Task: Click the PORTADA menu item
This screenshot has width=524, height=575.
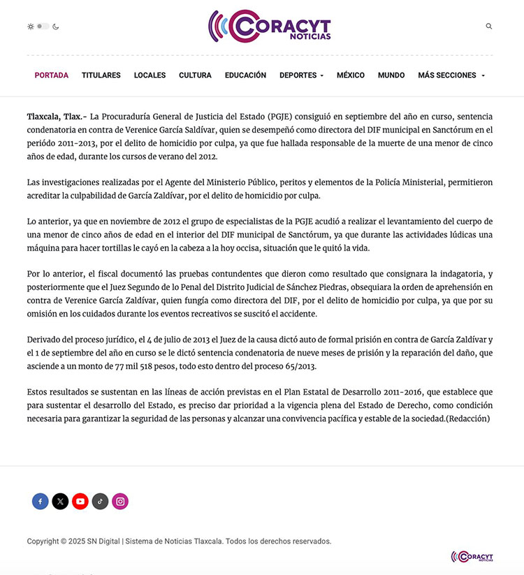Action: coord(52,75)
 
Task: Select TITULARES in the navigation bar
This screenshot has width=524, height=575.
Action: coord(101,75)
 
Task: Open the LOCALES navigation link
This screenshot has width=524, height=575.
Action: coord(150,75)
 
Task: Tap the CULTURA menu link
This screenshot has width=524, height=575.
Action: coord(195,75)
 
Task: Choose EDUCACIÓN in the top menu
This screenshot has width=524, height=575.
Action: coord(245,75)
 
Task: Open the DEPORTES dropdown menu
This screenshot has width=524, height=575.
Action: coord(301,75)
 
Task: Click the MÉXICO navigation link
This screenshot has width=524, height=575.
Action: coord(351,75)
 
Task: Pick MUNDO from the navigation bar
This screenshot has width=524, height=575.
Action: coord(391,75)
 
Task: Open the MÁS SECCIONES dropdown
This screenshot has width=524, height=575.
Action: coord(451,75)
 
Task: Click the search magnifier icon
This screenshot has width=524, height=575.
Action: coord(489,27)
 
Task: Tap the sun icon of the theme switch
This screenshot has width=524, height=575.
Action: coord(31,27)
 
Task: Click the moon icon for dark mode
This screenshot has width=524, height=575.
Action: coord(56,27)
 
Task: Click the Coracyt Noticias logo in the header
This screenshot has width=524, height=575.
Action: coord(270,27)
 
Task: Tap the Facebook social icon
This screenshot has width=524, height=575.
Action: coord(41,501)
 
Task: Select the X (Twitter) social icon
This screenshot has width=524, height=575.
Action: coord(61,501)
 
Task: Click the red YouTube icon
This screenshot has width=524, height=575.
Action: coord(80,501)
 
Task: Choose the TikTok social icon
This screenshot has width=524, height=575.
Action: coord(101,501)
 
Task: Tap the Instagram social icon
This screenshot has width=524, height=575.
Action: coord(120,501)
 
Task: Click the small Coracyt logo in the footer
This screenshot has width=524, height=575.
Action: coord(472,557)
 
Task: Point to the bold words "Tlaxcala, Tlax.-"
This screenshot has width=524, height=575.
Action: coord(57,116)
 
